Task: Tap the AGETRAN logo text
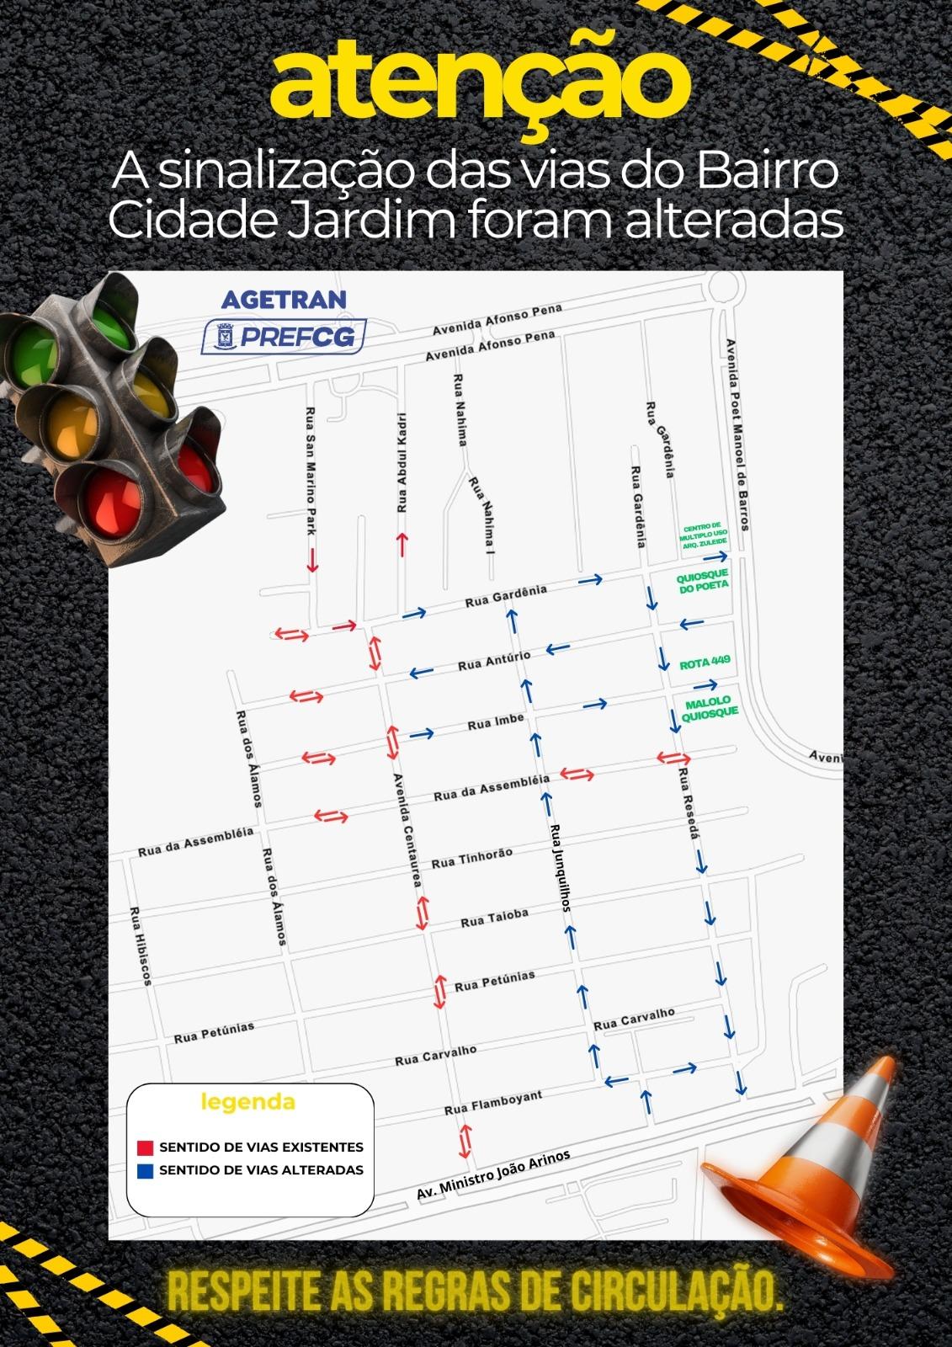pos(284,300)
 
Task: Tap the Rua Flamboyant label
pos(492,1102)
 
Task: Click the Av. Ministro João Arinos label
pos(494,1175)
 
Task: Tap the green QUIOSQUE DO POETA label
pos(703,584)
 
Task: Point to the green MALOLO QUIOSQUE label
pos(708,707)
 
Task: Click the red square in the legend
pos(144,1147)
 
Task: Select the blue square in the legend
pos(144,1170)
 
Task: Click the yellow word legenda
pos(247,1102)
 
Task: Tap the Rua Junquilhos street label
pos(561,868)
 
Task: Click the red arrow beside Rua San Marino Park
pos(312,560)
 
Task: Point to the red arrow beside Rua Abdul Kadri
pos(402,545)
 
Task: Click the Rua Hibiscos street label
pos(140,946)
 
